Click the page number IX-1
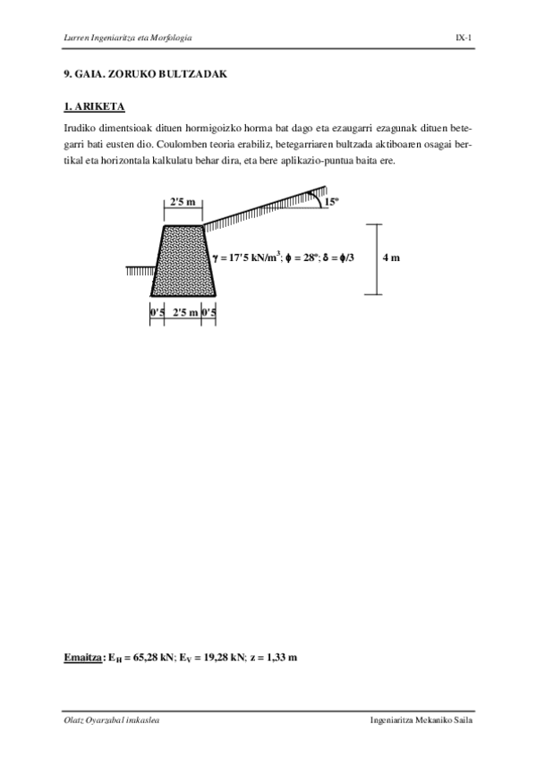[463, 37]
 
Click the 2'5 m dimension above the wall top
[183, 202]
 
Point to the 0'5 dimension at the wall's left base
[157, 312]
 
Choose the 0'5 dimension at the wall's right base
[210, 312]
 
